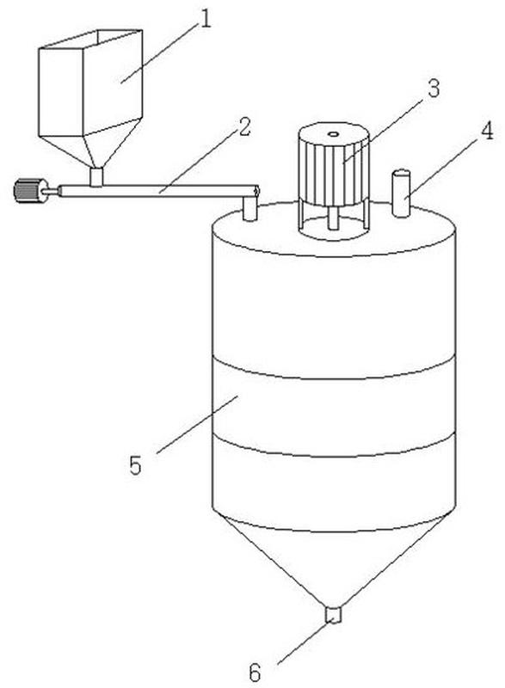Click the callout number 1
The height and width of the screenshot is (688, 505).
(205, 19)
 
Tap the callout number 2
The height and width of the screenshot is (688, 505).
(244, 127)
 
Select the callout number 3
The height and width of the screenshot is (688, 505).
(433, 89)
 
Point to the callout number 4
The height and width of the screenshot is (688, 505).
(487, 131)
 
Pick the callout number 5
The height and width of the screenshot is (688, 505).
(136, 465)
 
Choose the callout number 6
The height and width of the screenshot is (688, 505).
(256, 672)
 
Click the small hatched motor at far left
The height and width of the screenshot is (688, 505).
(29, 191)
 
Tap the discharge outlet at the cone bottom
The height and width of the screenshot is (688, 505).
(333, 614)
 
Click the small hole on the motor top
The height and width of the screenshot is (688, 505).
(333, 134)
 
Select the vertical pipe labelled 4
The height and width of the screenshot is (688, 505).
(401, 193)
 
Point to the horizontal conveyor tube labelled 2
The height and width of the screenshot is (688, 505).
(158, 191)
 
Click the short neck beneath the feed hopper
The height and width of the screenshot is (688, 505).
(96, 177)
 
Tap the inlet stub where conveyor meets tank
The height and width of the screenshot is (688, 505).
(249, 208)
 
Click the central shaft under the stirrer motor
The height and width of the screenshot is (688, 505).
(333, 218)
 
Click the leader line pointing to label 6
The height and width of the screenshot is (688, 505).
(305, 642)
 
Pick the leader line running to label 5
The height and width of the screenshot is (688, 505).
(197, 424)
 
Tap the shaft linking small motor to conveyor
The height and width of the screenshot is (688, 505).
(52, 191)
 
